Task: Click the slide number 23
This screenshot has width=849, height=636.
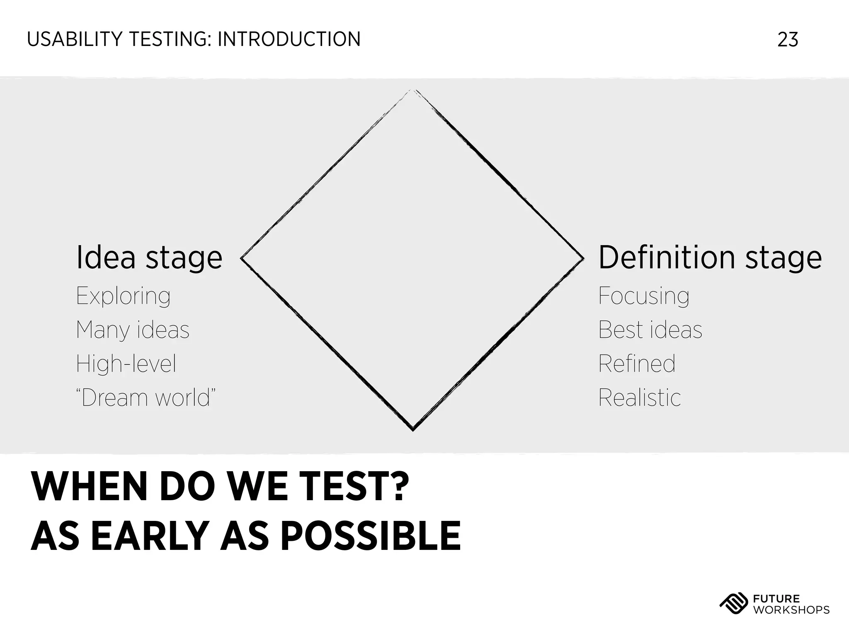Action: coord(788,40)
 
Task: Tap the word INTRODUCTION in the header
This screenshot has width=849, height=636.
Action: coord(289,40)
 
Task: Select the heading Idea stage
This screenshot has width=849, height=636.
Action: coord(149,258)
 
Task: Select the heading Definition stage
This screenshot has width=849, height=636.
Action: coord(710,258)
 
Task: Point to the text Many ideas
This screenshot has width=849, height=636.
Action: coord(133,330)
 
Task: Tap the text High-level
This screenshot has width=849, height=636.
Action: coord(126,364)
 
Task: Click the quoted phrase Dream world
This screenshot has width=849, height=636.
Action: coord(146,398)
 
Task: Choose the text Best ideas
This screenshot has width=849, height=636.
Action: coord(650,330)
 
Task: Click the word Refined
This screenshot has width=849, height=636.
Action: coord(637,364)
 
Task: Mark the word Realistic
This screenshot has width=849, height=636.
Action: coord(639,398)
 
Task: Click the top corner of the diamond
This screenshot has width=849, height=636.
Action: coord(413,90)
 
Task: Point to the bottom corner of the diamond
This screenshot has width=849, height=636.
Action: coord(413,429)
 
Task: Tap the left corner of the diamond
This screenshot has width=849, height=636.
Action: coord(242,258)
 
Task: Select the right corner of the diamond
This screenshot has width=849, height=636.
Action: coord(583,258)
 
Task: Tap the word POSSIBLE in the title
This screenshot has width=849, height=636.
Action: coord(371,536)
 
